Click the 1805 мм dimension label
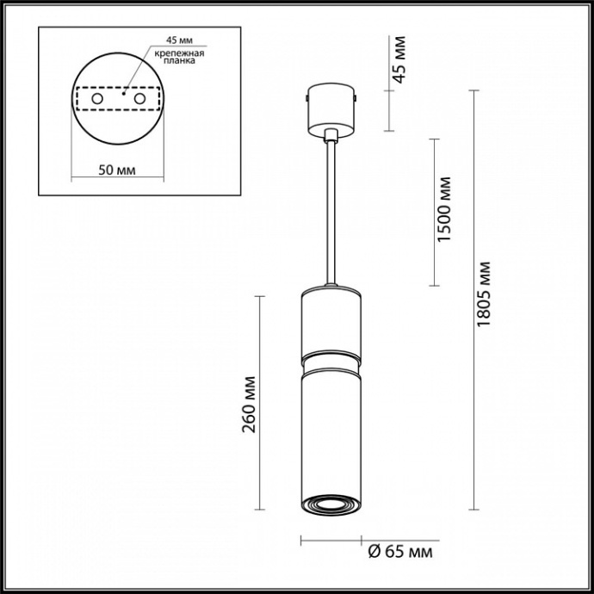click(484, 293)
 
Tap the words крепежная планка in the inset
click(180, 58)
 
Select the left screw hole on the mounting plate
click(97, 101)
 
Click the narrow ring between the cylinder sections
click(331, 356)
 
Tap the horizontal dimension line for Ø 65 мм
click(330, 541)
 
